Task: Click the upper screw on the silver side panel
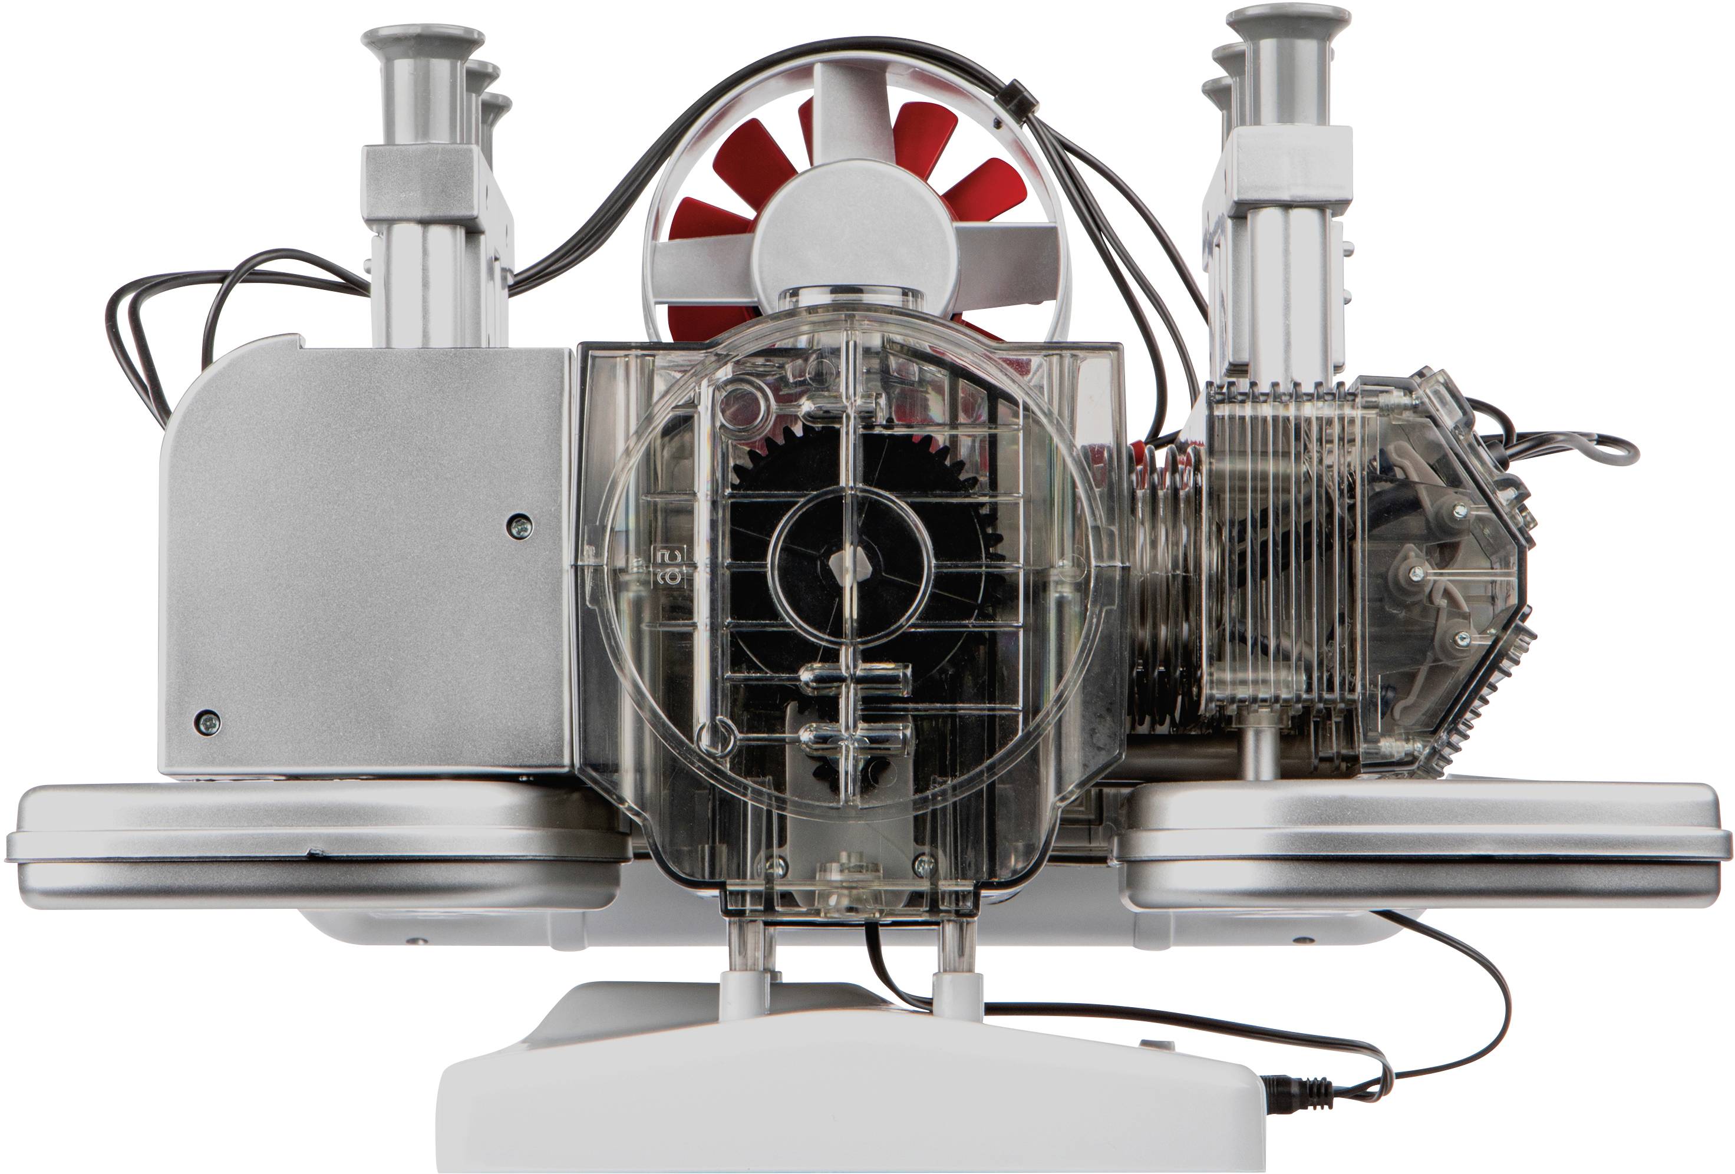[x=519, y=526]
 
